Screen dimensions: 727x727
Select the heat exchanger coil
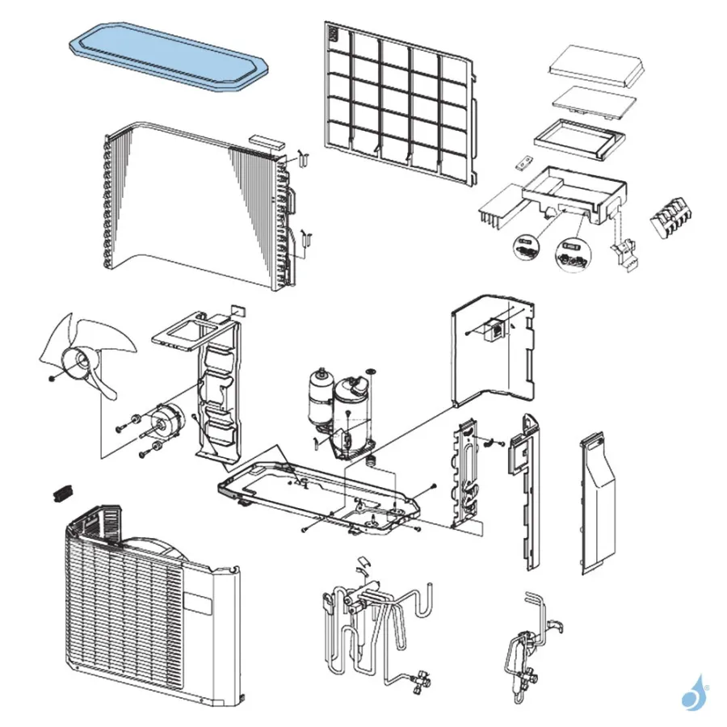(194, 206)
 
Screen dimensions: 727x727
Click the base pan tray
(323, 497)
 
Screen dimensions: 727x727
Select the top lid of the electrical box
(598, 65)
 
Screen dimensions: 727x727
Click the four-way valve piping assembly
(372, 622)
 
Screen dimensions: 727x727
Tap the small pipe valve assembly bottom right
(526, 646)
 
